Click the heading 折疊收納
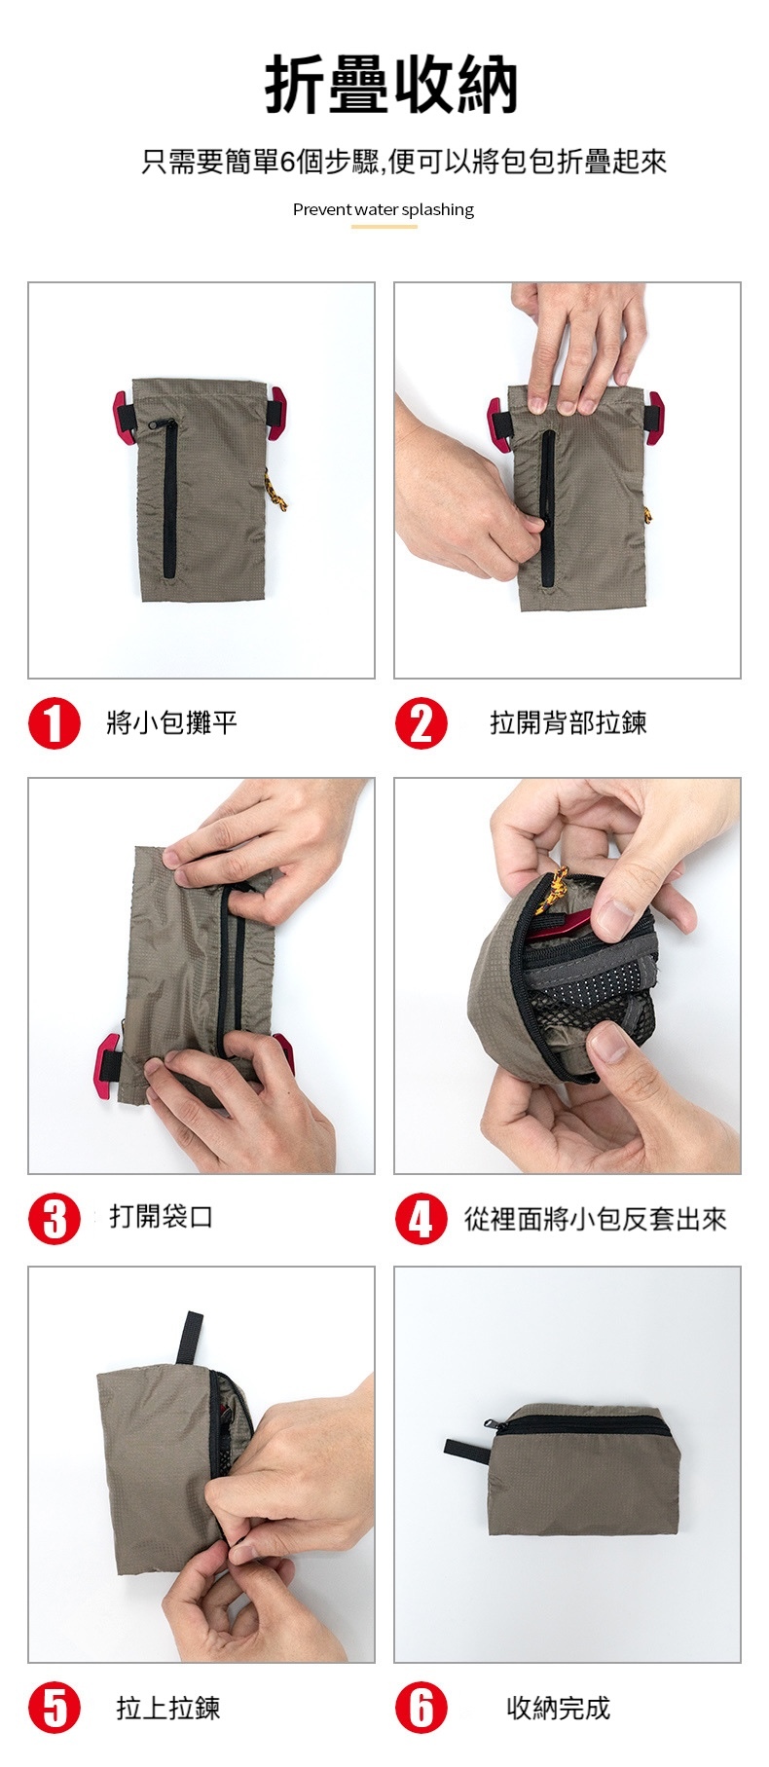(x=390, y=86)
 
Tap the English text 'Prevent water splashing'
(x=384, y=209)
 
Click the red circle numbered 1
(x=55, y=723)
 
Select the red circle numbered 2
(x=421, y=723)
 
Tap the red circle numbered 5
(x=55, y=1709)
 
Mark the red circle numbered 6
(x=421, y=1709)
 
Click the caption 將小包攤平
(x=172, y=722)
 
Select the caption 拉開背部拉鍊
(x=568, y=722)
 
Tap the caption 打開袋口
(x=162, y=1216)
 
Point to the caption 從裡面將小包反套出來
(x=595, y=1219)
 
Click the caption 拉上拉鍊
(x=168, y=1708)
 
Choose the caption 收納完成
(x=559, y=1708)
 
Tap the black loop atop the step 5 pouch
(x=189, y=1339)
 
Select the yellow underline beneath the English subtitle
(x=384, y=227)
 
